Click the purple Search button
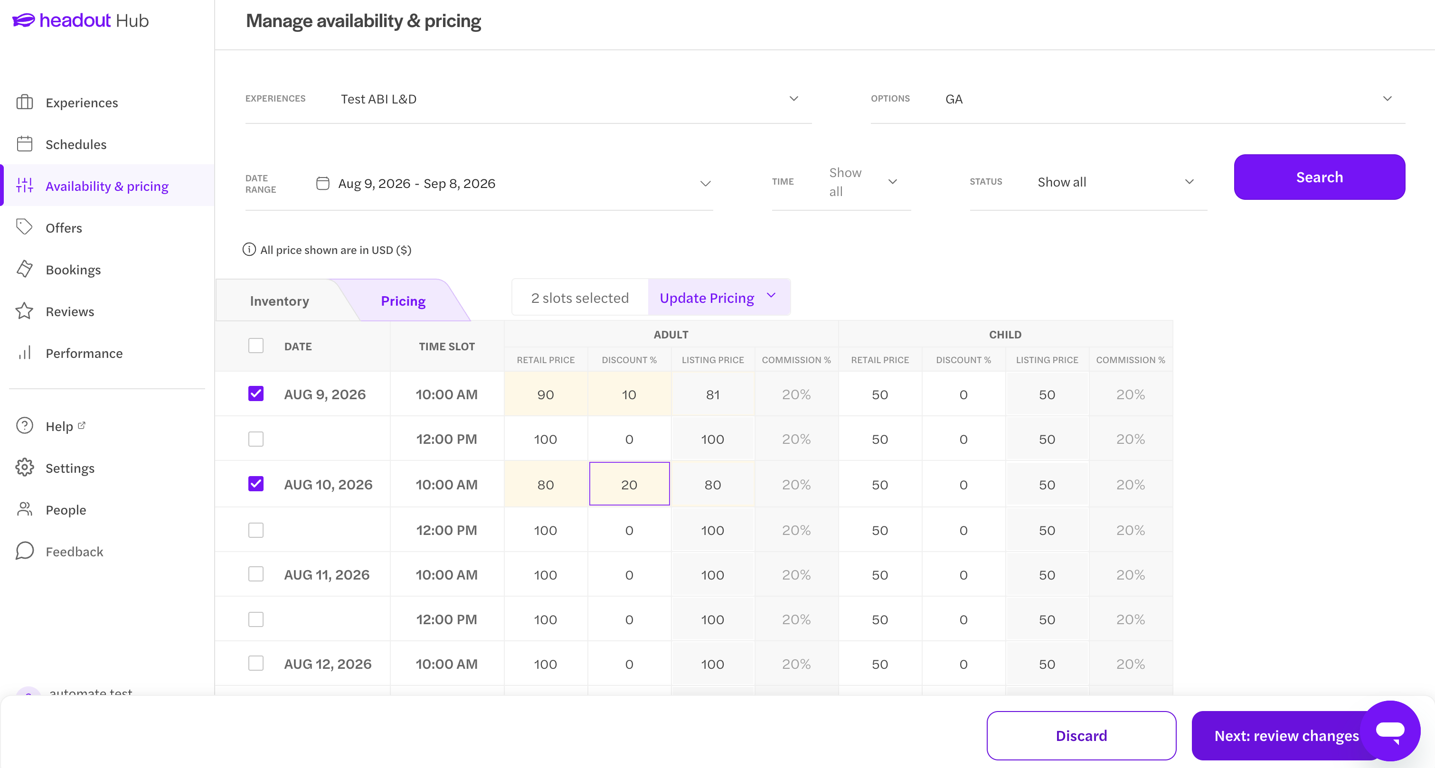[x=1319, y=177]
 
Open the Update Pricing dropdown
[x=718, y=298]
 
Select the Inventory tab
[x=279, y=301]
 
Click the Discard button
[x=1081, y=735]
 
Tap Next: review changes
[x=1286, y=735]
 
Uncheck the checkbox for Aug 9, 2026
[x=255, y=394]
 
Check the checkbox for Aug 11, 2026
[x=255, y=574]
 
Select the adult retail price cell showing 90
[x=546, y=394]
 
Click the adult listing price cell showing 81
[x=712, y=394]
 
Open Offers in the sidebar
[x=64, y=228]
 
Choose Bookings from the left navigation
[x=73, y=270]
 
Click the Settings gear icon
[x=25, y=467]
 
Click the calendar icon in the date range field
[x=322, y=183]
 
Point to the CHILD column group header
[x=1005, y=334]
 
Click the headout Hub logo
[x=80, y=20]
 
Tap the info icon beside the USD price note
[x=249, y=250]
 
